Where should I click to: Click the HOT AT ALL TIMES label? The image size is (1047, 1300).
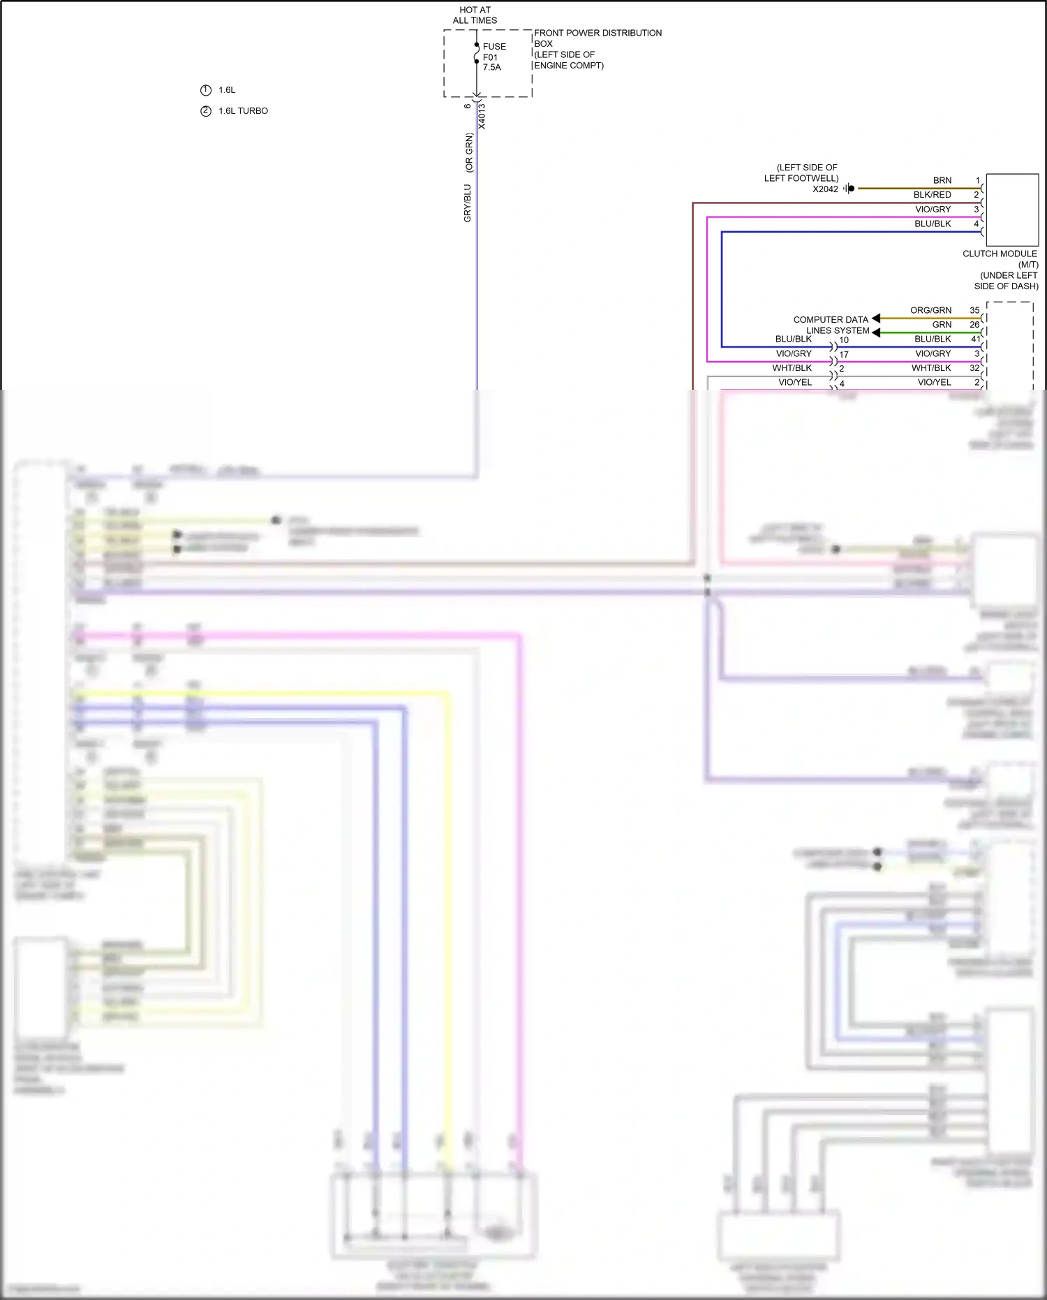pyautogui.click(x=475, y=15)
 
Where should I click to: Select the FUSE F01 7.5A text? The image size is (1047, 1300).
pyautogui.click(x=493, y=57)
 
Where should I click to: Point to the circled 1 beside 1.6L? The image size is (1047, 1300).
pyautogui.click(x=205, y=90)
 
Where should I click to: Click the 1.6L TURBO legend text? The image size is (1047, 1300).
pyautogui.click(x=243, y=111)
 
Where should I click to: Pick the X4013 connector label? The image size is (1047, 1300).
pyautogui.click(x=482, y=116)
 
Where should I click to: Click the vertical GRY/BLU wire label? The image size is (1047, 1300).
pyautogui.click(x=468, y=203)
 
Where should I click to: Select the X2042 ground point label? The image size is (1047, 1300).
pyautogui.click(x=825, y=189)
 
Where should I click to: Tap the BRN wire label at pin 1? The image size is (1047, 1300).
pyautogui.click(x=942, y=180)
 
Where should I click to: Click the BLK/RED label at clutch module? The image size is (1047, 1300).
pyautogui.click(x=932, y=195)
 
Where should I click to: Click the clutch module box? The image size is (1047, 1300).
pyautogui.click(x=1012, y=210)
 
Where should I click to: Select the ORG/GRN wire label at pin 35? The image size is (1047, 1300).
pyautogui.click(x=930, y=310)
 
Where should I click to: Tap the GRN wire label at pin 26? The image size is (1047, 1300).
pyautogui.click(x=942, y=325)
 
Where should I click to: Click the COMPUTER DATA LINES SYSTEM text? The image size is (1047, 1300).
pyautogui.click(x=832, y=325)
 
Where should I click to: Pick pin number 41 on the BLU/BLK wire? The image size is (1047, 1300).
pyautogui.click(x=975, y=339)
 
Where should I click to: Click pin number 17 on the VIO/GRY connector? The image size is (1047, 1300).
pyautogui.click(x=844, y=355)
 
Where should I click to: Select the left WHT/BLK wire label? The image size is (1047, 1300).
pyautogui.click(x=792, y=368)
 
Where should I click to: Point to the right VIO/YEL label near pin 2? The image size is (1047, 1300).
pyautogui.click(x=934, y=382)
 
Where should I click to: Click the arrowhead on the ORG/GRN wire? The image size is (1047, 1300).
pyautogui.click(x=876, y=319)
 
